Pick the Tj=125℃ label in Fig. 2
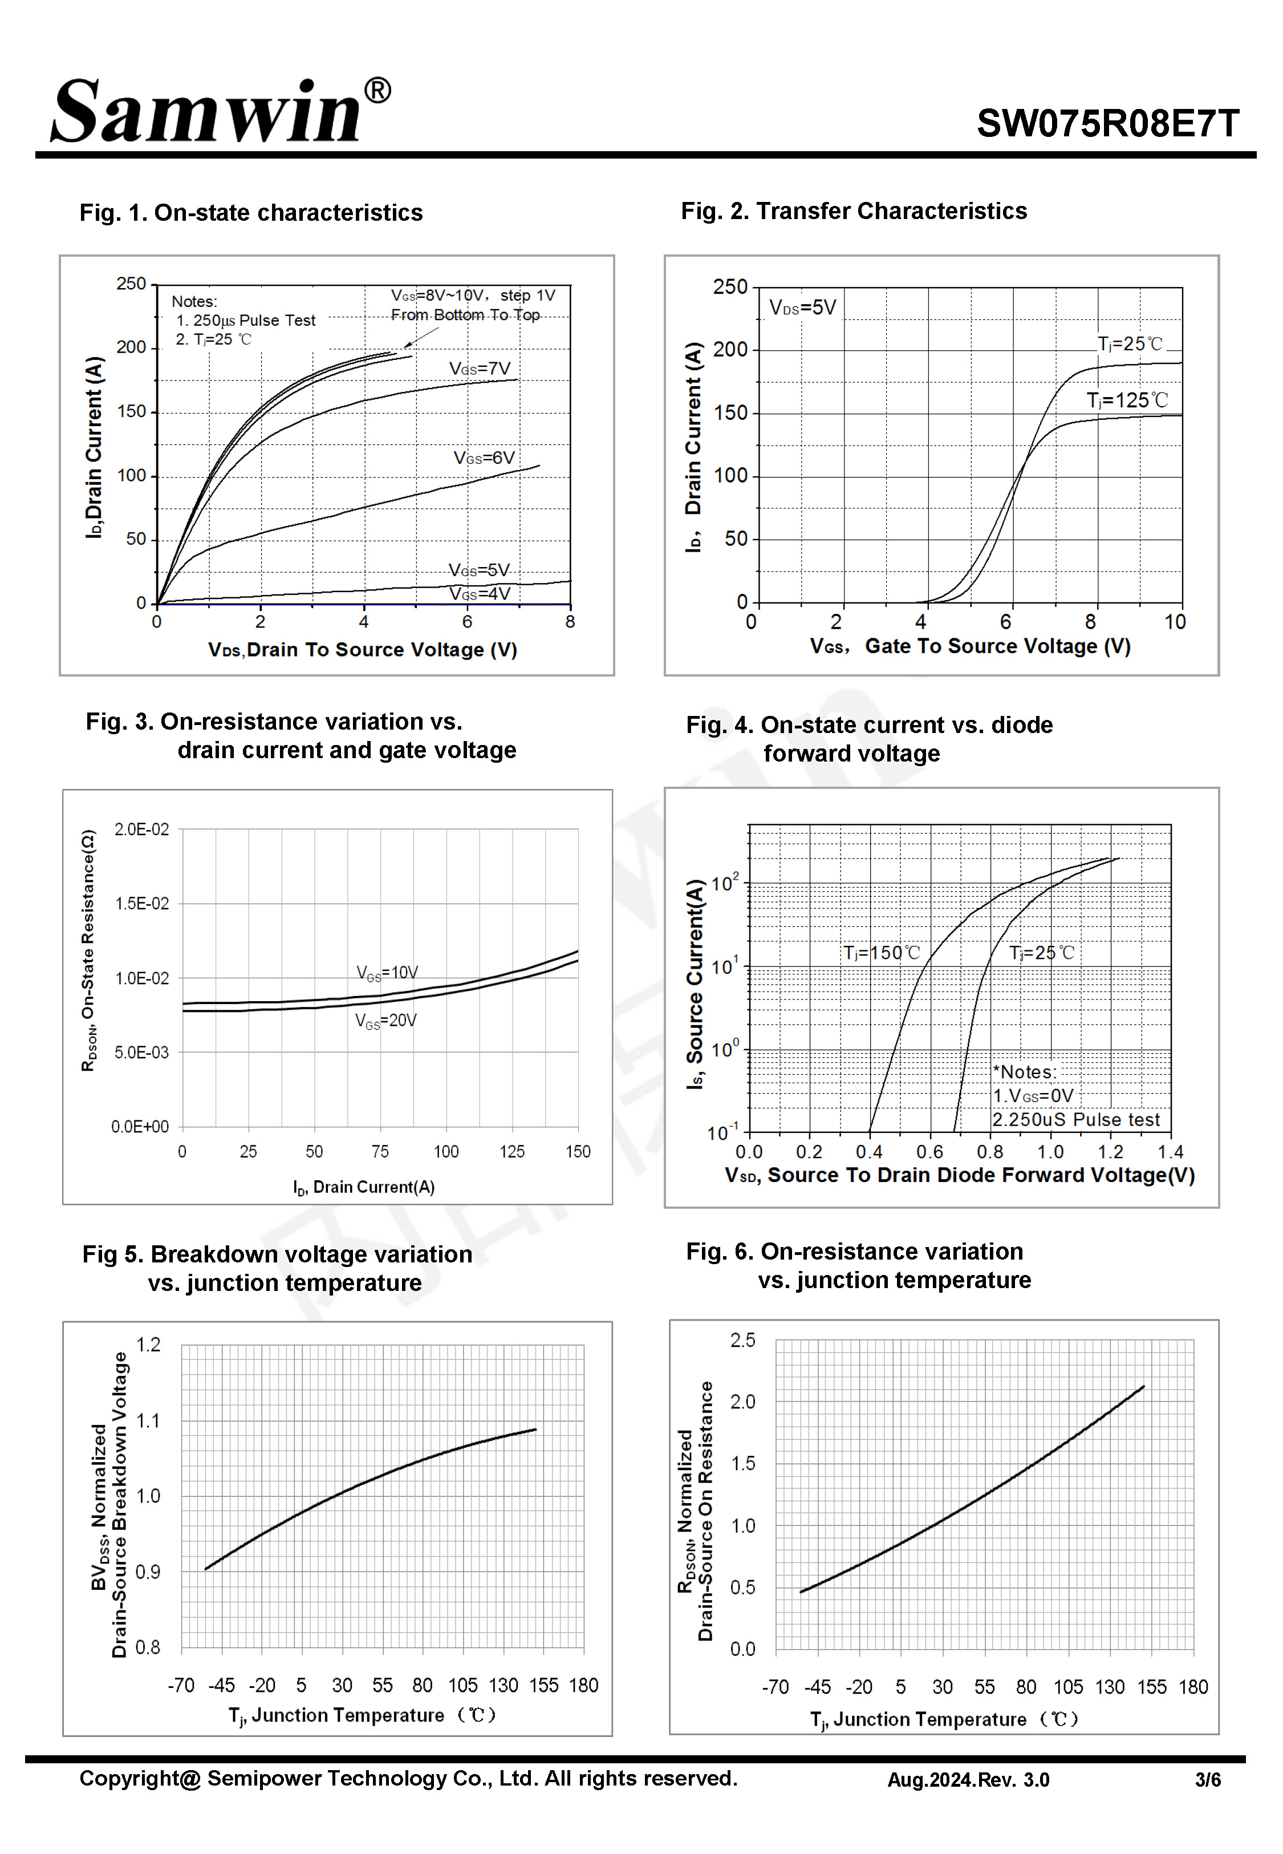[x=1127, y=400]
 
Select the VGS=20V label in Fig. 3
[x=386, y=1021]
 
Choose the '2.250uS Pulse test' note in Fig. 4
[x=1075, y=1120]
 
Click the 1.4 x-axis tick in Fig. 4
[x=1171, y=1152]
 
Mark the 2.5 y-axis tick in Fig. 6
[x=743, y=1340]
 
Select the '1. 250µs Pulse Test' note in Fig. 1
[x=245, y=320]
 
